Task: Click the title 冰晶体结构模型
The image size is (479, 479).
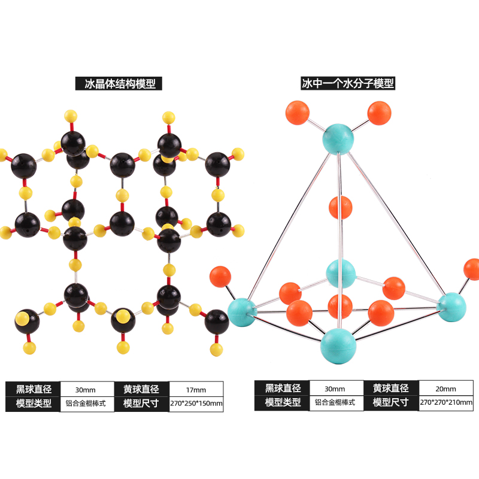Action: pyautogui.click(x=119, y=84)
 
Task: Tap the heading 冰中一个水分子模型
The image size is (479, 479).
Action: pyautogui.click(x=348, y=83)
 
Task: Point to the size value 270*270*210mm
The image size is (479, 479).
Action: pyautogui.click(x=445, y=403)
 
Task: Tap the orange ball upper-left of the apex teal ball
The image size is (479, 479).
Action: pyautogui.click(x=298, y=112)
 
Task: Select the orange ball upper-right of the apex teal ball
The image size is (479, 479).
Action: pyautogui.click(x=379, y=113)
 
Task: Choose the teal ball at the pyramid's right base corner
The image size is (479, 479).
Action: pyautogui.click(x=451, y=305)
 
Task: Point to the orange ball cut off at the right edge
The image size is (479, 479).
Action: pyautogui.click(x=472, y=270)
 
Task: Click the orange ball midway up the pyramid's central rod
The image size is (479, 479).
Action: pyautogui.click(x=341, y=207)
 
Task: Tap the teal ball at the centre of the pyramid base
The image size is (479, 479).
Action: pyautogui.click(x=341, y=274)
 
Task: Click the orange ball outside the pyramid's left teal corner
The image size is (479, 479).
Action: pyautogui.click(x=220, y=277)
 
